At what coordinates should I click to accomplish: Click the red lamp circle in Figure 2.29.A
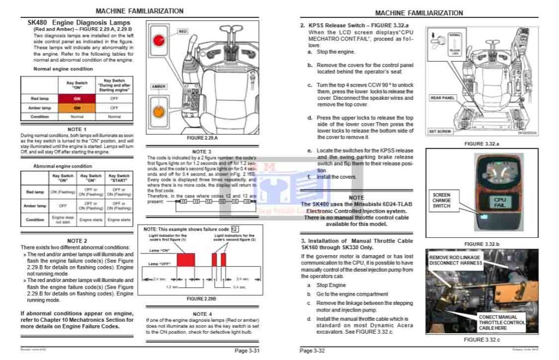[159, 40]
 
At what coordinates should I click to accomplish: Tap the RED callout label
[183, 32]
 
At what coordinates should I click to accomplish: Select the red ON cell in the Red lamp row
[77, 98]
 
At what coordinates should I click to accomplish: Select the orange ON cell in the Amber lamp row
[77, 108]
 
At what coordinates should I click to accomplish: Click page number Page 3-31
[247, 350]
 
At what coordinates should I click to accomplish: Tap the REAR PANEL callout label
[443, 98]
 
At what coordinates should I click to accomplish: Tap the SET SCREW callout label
[439, 131]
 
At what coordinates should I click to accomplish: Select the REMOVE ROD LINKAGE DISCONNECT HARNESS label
[456, 260]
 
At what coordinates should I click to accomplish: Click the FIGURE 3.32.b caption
[481, 244]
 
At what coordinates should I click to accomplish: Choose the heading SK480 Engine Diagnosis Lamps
[79, 23]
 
